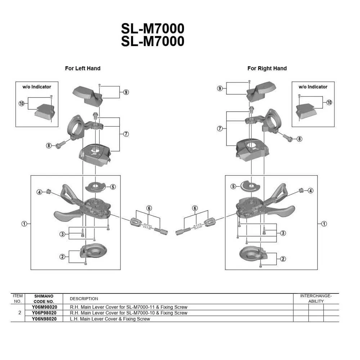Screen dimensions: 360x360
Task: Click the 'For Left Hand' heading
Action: (82, 68)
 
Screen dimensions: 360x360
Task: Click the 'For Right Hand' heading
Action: (267, 68)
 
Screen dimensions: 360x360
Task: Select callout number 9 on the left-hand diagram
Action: (126, 92)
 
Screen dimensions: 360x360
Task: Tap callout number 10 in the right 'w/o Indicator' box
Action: (329, 103)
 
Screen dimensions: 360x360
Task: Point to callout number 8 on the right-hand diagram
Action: (299, 139)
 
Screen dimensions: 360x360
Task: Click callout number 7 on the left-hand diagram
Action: (126, 134)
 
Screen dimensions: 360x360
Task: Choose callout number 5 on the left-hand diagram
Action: (113, 187)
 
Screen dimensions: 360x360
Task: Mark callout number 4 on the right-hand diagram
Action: (310, 190)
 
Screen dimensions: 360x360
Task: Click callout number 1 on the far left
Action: (24, 224)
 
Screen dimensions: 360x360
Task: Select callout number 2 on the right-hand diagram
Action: (283, 259)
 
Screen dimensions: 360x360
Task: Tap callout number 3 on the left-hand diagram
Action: (62, 234)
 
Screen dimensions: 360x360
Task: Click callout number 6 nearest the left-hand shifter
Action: (149, 208)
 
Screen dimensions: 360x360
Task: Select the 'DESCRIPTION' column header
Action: (84, 298)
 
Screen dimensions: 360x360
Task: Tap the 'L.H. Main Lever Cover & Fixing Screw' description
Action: (110, 319)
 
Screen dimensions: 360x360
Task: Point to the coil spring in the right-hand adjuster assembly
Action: (197, 227)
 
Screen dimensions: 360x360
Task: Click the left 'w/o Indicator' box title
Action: (37, 87)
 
